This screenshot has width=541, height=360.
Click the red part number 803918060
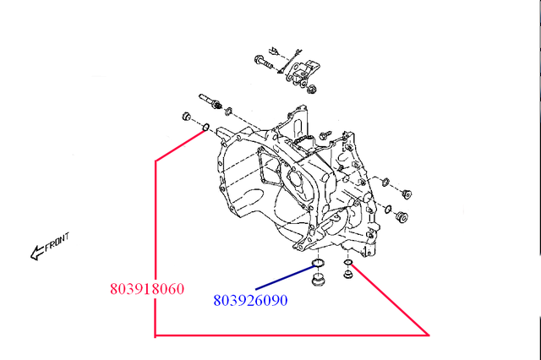(147, 288)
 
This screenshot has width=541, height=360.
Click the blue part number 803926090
(250, 300)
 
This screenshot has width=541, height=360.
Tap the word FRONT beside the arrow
(57, 243)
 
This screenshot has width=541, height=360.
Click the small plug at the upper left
(187, 117)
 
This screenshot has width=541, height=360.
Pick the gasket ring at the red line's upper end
(205, 128)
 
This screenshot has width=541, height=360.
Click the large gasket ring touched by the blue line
(318, 266)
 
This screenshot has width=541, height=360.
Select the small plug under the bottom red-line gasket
(347, 276)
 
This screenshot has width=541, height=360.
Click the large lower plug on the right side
(402, 218)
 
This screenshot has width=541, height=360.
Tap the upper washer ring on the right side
(385, 182)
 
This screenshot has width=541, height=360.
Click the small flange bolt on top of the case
(323, 134)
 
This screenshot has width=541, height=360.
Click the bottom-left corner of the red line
(155, 336)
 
